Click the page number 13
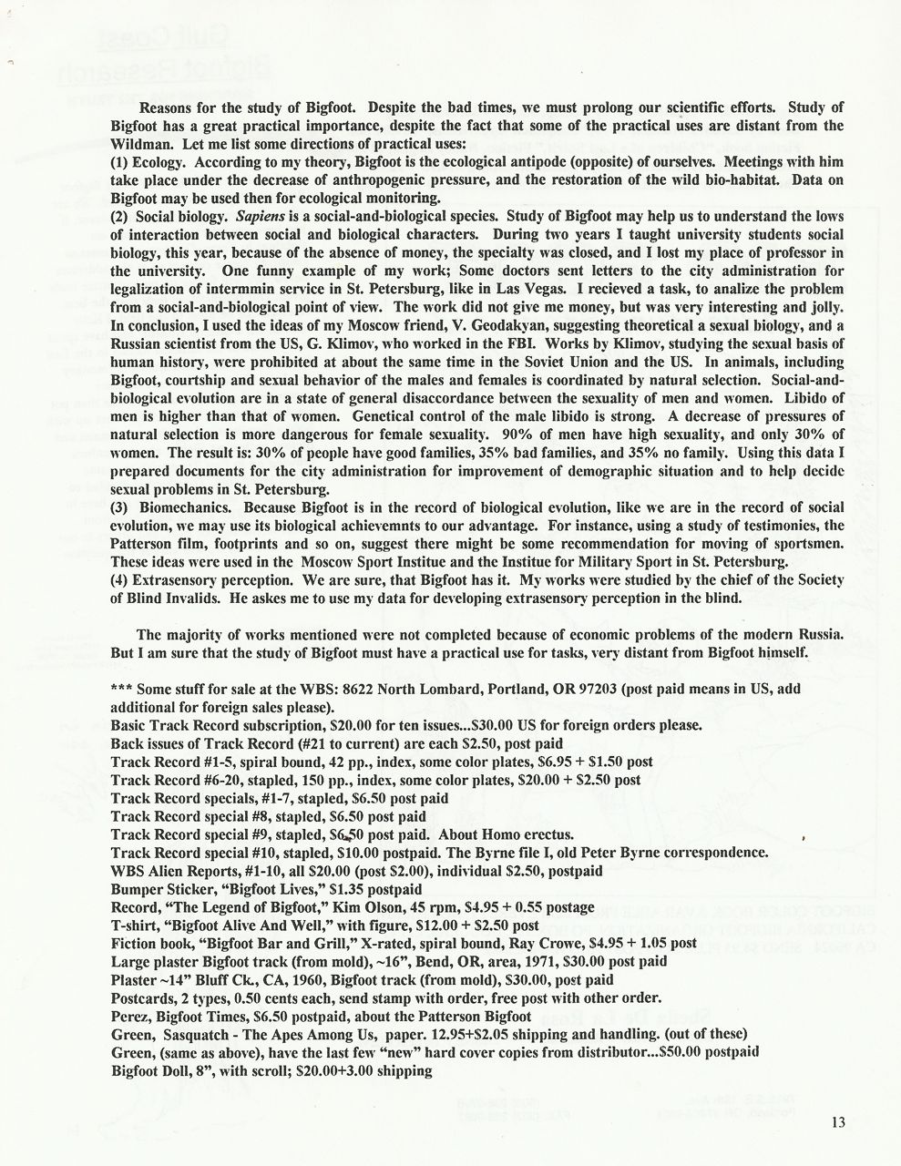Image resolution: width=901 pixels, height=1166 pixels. click(838, 1122)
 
